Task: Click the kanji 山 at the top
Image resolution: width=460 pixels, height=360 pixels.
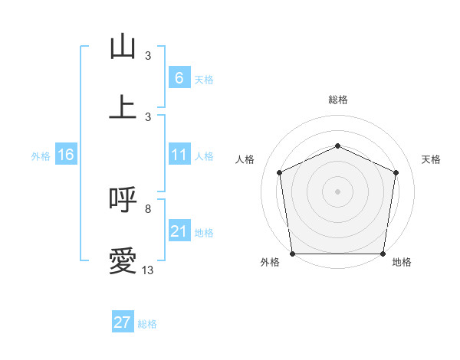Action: click(x=123, y=47)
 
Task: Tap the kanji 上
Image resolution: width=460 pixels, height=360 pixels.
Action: click(x=123, y=107)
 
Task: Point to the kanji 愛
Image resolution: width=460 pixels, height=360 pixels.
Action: click(x=123, y=261)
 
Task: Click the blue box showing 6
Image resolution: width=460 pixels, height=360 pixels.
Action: click(x=179, y=78)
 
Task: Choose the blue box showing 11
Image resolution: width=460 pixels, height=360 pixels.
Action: click(x=179, y=155)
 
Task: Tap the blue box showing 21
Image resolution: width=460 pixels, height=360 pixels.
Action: click(x=179, y=231)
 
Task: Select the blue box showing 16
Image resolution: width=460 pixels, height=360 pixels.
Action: click(x=65, y=155)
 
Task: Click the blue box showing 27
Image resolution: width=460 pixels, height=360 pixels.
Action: click(x=123, y=322)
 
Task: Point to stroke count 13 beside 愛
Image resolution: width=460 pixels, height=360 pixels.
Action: click(x=148, y=270)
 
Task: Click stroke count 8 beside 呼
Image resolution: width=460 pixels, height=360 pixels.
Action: click(x=148, y=208)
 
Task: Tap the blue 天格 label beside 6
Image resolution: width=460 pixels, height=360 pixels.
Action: click(x=204, y=79)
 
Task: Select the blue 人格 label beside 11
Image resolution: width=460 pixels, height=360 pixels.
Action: click(x=204, y=156)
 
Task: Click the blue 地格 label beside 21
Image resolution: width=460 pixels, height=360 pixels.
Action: click(x=204, y=232)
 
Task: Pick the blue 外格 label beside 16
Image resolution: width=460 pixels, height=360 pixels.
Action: click(x=41, y=156)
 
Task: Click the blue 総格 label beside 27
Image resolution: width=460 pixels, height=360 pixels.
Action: click(x=147, y=323)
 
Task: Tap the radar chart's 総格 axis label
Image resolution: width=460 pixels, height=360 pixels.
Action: click(x=337, y=100)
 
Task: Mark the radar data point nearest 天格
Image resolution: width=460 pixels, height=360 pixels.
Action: click(x=396, y=172)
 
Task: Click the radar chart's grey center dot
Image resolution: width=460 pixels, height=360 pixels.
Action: click(x=337, y=191)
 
